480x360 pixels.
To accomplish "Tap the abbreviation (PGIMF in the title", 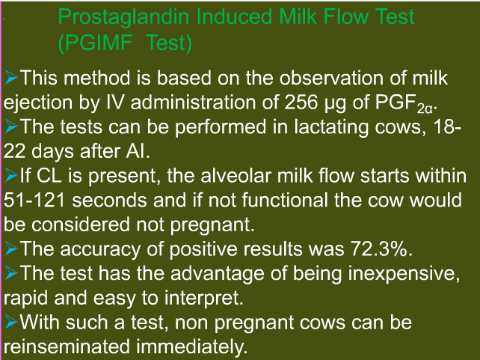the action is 95,43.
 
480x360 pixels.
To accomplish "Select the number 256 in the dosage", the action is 301,103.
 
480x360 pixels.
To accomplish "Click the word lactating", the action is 331,127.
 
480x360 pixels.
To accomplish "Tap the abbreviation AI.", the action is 138,151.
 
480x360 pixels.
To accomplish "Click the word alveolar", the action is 236,176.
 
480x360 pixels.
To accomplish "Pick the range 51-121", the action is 34,201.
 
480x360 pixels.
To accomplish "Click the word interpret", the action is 204,299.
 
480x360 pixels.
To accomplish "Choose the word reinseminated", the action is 67,347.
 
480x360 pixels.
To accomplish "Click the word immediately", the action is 192,347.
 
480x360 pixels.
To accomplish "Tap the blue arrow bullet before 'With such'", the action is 11,322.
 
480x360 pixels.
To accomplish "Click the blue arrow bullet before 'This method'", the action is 11,78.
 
